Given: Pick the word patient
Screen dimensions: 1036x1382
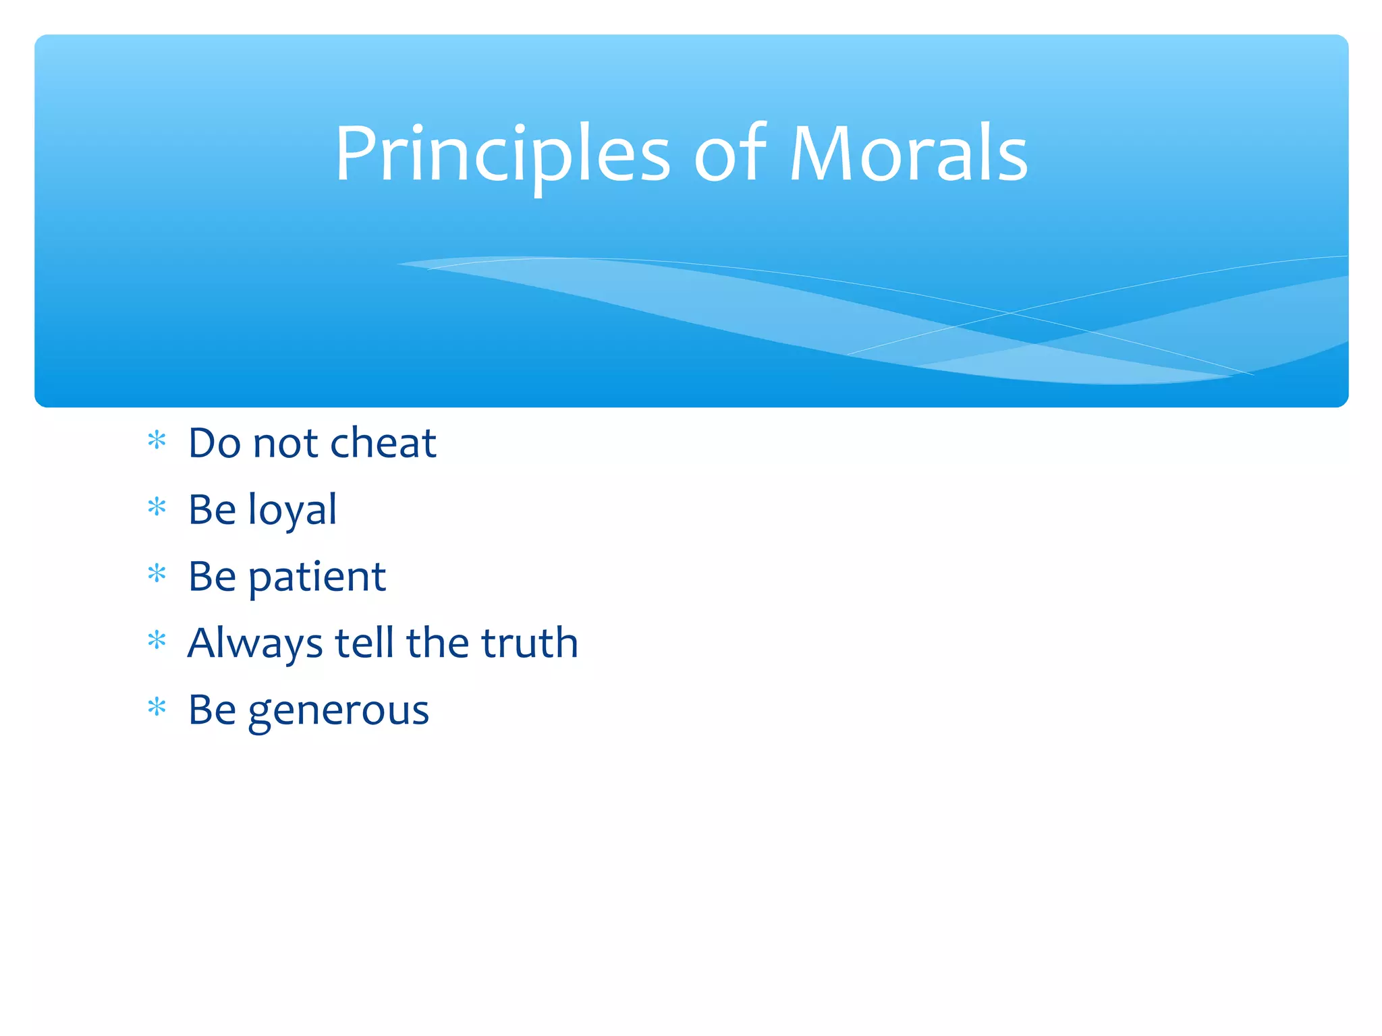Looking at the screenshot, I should (317, 577).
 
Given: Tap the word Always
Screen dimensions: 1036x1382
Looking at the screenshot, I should (255, 643).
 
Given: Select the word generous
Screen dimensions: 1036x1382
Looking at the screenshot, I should (338, 711).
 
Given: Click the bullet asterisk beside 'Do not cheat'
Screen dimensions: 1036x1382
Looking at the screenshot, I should (157, 441).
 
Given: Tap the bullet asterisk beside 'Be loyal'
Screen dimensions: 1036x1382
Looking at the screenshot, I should (157, 507).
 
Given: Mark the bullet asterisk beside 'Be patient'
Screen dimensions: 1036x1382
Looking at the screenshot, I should (157, 574).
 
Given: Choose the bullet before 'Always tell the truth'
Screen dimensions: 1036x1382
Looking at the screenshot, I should (157, 640).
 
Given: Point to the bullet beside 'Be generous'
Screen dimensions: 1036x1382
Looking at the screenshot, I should (157, 708).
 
